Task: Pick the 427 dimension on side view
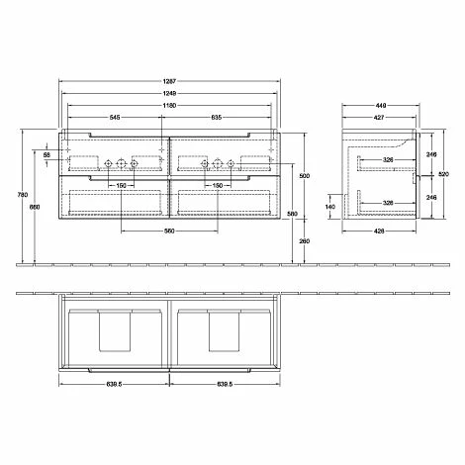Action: (380, 118)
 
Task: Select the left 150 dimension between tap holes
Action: (120, 185)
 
